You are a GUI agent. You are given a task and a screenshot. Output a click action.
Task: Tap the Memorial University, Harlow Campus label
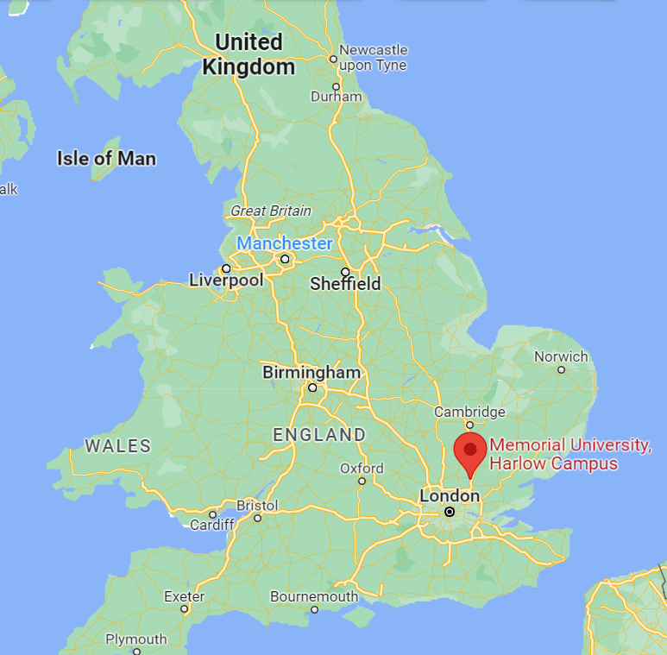[569, 455]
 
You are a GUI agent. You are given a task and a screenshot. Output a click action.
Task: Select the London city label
[449, 496]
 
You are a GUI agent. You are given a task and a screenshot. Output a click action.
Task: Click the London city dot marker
[450, 512]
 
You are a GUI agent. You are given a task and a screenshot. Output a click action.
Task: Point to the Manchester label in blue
[285, 243]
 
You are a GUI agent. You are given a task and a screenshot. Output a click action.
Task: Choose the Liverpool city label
[226, 280]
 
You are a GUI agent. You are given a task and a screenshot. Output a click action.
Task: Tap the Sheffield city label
[345, 284]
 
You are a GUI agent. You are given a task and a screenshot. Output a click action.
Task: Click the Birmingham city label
[311, 373]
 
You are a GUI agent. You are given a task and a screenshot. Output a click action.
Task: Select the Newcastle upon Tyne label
[374, 57]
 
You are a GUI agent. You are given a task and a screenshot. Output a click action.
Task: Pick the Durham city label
[336, 96]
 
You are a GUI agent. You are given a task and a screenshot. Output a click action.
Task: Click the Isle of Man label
[106, 158]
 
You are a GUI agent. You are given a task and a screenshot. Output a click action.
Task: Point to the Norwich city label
[561, 356]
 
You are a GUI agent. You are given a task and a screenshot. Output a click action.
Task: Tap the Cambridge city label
[469, 412]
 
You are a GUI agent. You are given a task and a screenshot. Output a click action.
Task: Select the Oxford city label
[362, 468]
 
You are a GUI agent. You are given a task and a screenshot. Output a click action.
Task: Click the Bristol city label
[257, 505]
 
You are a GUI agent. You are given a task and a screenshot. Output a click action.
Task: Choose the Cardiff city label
[212, 525]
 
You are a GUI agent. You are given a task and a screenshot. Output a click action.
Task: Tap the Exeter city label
[185, 596]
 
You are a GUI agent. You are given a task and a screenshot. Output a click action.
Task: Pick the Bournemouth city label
[314, 596]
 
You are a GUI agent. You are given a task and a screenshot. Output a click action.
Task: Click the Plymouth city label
[136, 639]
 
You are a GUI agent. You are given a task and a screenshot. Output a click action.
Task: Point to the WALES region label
[118, 446]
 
